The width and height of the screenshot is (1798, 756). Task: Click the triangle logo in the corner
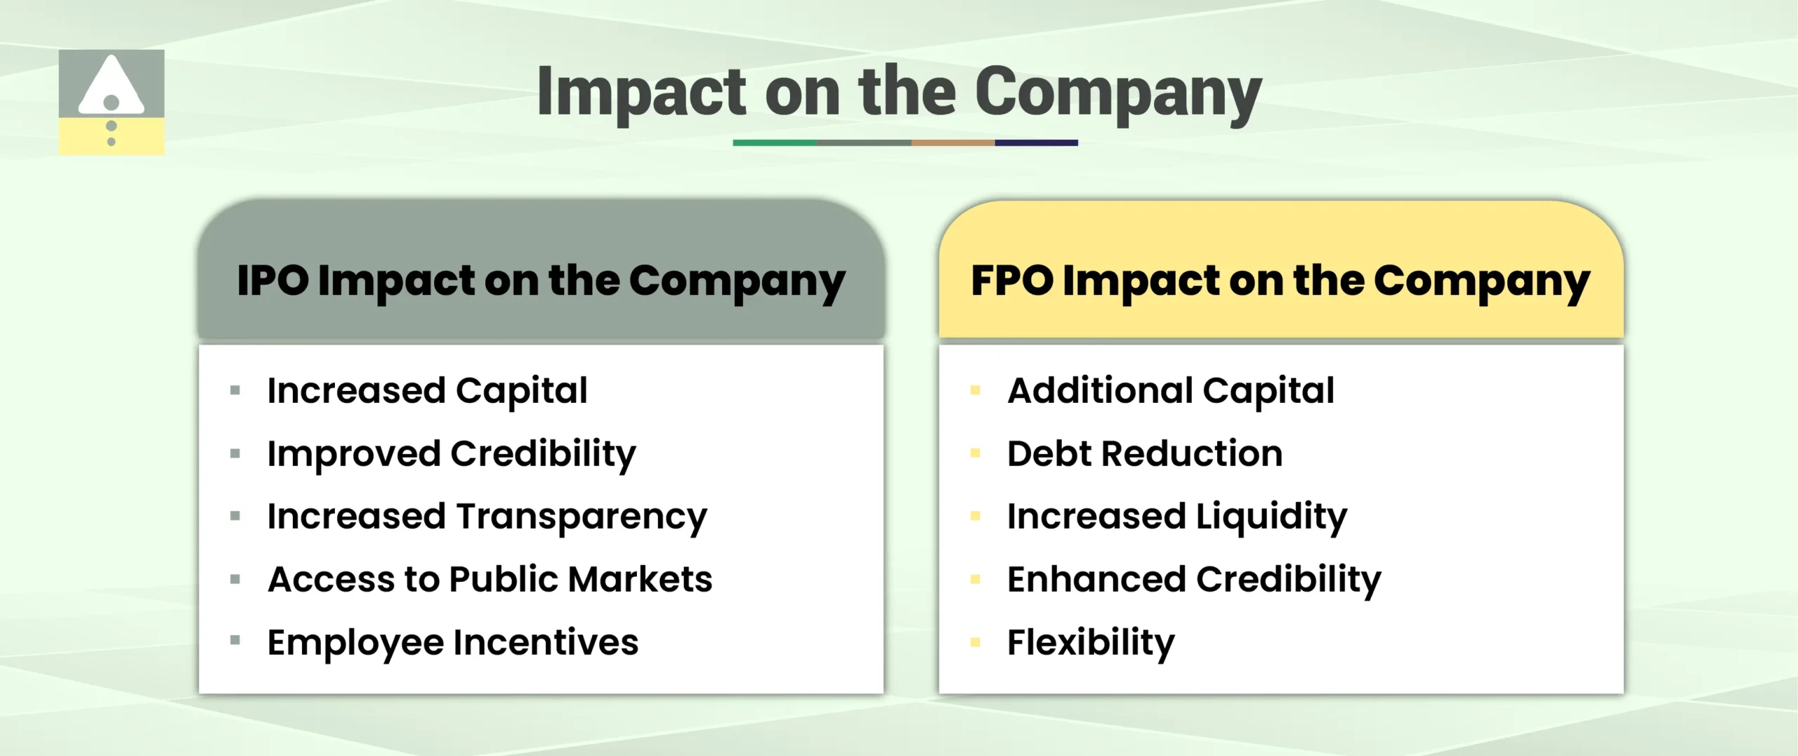click(x=111, y=102)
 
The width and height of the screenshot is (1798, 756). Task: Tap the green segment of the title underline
click(x=774, y=142)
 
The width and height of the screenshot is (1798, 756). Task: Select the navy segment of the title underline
click(x=1036, y=142)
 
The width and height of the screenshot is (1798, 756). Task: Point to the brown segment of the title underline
click(x=952, y=142)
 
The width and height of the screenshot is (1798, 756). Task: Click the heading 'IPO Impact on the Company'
click(x=541, y=281)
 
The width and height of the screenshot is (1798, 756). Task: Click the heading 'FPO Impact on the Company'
click(x=1280, y=281)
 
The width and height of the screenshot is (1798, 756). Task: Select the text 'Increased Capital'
click(x=427, y=390)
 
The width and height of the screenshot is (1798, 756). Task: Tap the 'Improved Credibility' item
click(x=451, y=454)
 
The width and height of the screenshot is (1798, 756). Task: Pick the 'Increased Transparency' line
click(x=487, y=517)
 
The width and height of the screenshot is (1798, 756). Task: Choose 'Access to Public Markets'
click(x=490, y=580)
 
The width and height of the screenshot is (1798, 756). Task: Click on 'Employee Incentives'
click(x=453, y=643)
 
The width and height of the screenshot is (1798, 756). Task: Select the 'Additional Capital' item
click(x=1171, y=390)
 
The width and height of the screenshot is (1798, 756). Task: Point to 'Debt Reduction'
click(x=1145, y=453)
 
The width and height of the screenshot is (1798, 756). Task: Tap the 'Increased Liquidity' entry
click(x=1177, y=517)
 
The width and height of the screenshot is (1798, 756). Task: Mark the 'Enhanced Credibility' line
click(x=1194, y=581)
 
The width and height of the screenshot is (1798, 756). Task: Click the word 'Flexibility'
click(x=1091, y=643)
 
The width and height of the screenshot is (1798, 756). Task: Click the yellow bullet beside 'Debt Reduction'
click(x=975, y=453)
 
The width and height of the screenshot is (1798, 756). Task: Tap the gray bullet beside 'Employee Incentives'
click(x=235, y=640)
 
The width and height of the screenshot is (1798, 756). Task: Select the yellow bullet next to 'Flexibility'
click(x=975, y=642)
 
